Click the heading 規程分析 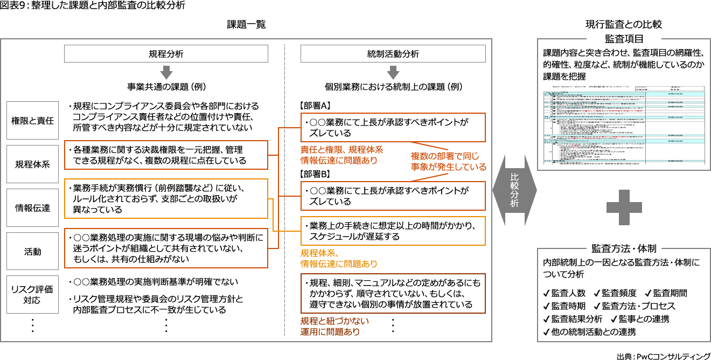(166, 54)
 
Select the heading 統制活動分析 (393, 54)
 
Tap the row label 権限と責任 (32, 121)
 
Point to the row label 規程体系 (32, 164)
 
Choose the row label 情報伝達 (32, 208)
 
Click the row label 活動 (32, 252)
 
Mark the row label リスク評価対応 (32, 295)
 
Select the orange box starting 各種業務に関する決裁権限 (166, 155)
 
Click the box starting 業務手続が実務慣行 (166, 199)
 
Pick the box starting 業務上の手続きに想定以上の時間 (393, 231)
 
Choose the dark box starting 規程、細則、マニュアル (393, 294)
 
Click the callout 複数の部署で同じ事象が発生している (448, 162)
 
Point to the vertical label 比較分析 (514, 189)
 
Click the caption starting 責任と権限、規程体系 (340, 155)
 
